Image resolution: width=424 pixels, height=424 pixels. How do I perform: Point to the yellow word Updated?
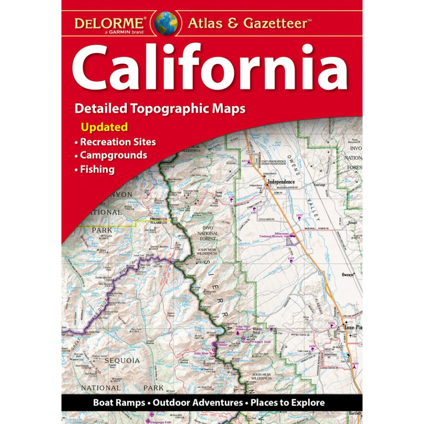pos(104,127)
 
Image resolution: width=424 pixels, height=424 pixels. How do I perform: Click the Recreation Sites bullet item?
pos(117,142)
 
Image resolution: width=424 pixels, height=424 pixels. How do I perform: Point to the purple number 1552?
pos(299,215)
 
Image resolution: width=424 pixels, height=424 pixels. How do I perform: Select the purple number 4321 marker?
pos(246,161)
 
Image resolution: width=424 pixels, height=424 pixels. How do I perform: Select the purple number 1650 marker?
pos(312,346)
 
